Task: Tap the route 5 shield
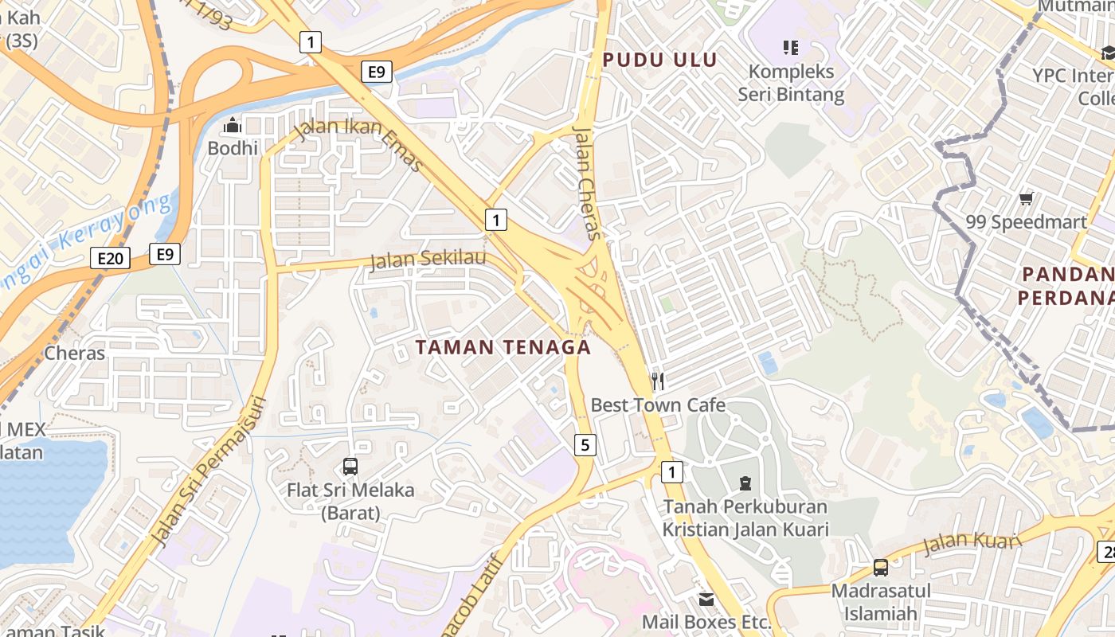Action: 585,444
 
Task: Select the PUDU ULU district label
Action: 659,60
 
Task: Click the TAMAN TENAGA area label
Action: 503,347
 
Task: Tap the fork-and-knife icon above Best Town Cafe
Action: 658,381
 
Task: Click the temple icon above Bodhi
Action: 233,126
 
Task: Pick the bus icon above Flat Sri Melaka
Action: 350,467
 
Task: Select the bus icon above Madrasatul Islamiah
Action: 881,568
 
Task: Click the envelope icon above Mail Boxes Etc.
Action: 706,599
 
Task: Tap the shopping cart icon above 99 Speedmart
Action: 1027,198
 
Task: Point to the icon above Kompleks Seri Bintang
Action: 790,48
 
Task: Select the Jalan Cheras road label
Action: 586,182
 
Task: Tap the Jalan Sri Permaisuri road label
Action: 209,471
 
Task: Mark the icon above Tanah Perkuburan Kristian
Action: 745,483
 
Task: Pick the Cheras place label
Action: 75,353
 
